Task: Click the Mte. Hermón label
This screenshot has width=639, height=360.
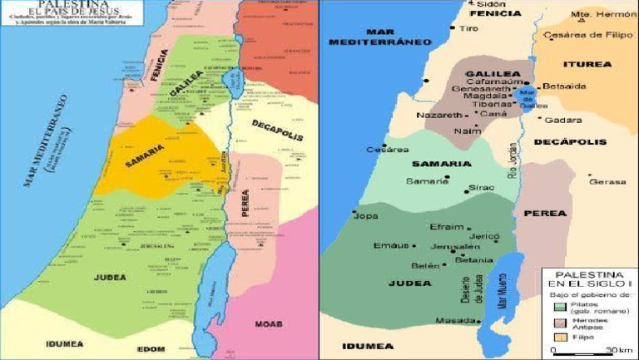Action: click(603, 14)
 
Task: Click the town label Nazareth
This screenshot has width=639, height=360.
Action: click(438, 115)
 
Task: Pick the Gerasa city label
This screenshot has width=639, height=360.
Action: click(607, 181)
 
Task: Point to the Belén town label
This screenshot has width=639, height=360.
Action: click(425, 266)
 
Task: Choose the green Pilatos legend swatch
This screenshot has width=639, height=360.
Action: click(560, 306)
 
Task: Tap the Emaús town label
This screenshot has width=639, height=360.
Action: click(391, 245)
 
